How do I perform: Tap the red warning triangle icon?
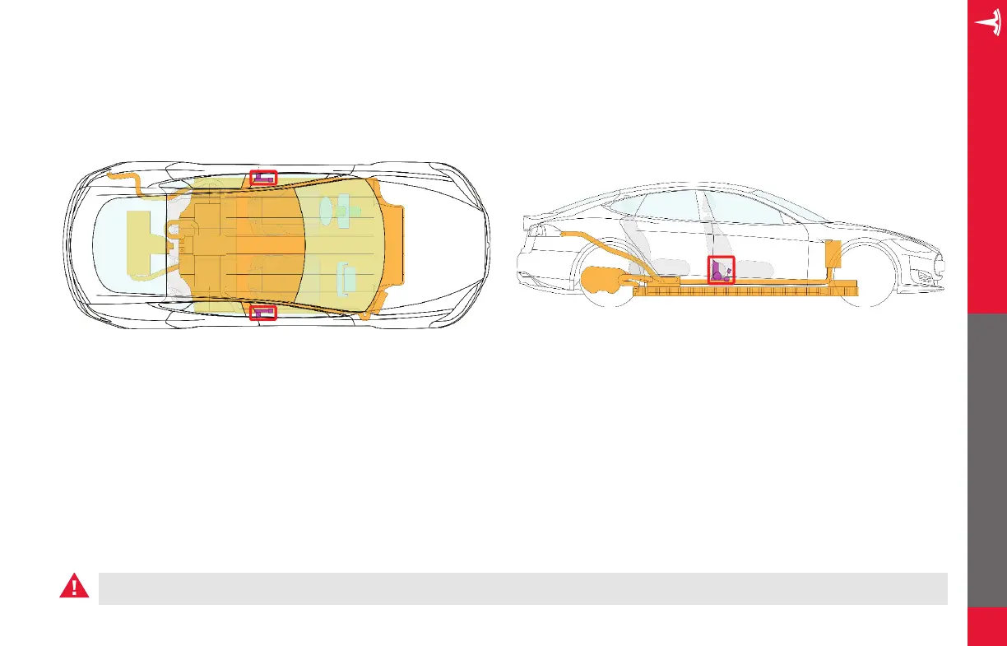click(74, 587)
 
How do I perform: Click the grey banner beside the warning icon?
click(522, 588)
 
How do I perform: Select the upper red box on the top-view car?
click(264, 177)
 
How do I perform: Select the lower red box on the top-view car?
click(264, 312)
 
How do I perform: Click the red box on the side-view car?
click(722, 269)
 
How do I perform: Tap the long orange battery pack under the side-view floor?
click(749, 288)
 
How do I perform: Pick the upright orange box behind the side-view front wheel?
click(833, 255)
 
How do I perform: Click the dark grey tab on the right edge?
click(987, 461)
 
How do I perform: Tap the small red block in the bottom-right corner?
click(987, 627)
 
